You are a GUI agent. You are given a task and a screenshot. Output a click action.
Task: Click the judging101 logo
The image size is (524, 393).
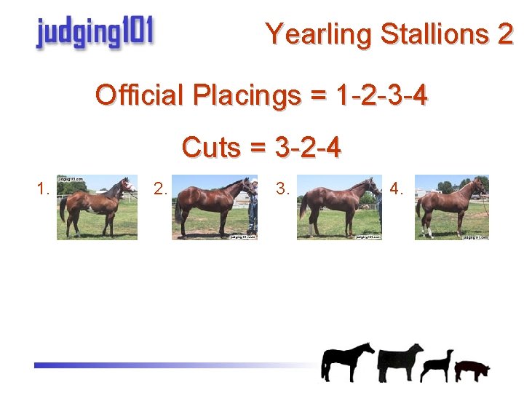coord(94,33)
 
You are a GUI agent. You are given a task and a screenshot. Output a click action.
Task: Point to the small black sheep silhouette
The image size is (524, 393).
coord(438,365)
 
